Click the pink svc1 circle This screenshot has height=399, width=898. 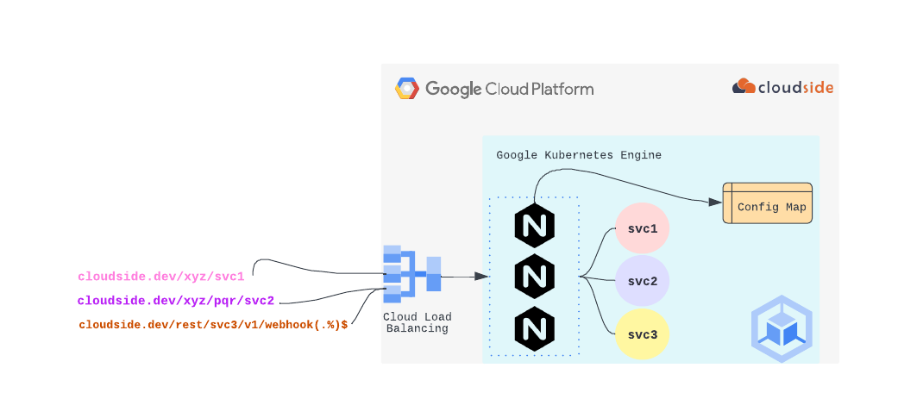pyautogui.click(x=643, y=229)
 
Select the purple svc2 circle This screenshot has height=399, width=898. pyautogui.click(x=643, y=281)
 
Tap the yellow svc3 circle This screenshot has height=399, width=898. pyautogui.click(x=643, y=333)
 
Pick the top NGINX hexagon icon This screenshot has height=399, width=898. pyautogui.click(x=534, y=226)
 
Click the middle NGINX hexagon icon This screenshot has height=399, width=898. pyautogui.click(x=534, y=277)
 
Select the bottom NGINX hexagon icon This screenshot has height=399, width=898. pyautogui.click(x=534, y=328)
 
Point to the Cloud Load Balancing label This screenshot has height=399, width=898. pyautogui.click(x=417, y=322)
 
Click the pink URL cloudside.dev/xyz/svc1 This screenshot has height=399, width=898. pyautogui.click(x=161, y=277)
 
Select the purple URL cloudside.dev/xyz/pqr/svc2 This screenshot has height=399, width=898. pyautogui.click(x=175, y=301)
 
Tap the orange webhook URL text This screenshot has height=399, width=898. pyautogui.click(x=213, y=325)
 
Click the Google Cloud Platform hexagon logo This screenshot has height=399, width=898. pyautogui.click(x=407, y=89)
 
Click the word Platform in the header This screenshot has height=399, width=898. pyautogui.click(x=564, y=89)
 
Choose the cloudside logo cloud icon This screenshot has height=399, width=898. pyautogui.click(x=744, y=86)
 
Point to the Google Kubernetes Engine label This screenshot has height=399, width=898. pyautogui.click(x=579, y=155)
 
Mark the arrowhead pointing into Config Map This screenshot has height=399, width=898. pyautogui.click(x=715, y=202)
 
